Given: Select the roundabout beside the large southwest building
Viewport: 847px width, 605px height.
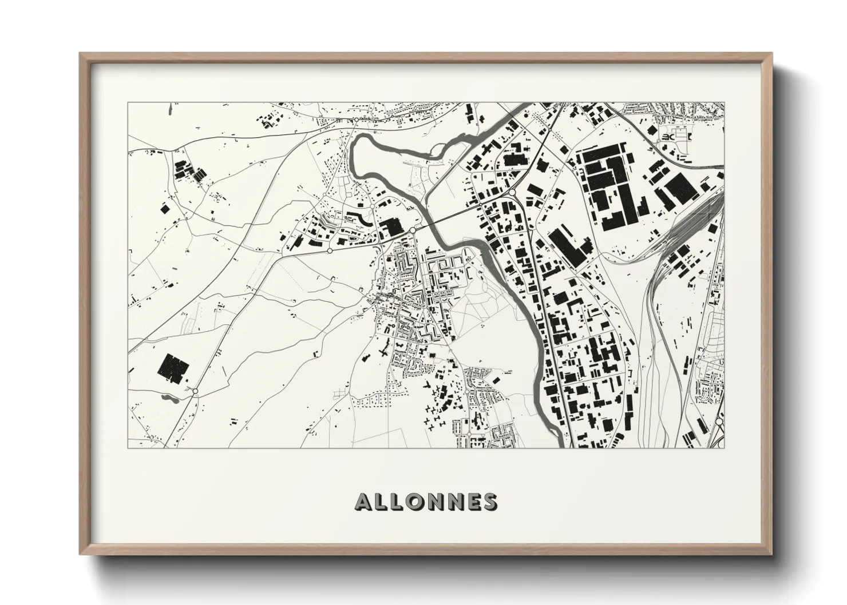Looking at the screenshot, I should (x=196, y=391).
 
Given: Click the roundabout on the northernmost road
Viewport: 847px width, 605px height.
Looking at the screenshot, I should (x=355, y=120).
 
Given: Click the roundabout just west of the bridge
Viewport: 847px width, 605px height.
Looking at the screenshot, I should (x=412, y=230).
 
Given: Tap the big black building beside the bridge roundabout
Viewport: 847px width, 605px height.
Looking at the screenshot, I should (x=393, y=227).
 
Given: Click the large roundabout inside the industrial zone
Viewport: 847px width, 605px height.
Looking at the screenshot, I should (x=513, y=193).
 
